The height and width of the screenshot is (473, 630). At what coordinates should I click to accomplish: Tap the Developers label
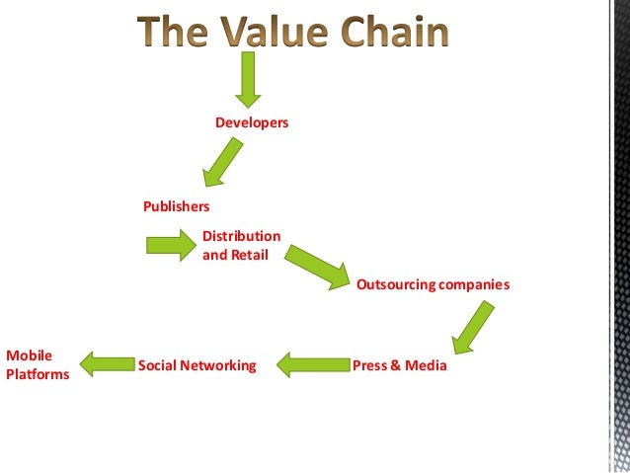tap(252, 122)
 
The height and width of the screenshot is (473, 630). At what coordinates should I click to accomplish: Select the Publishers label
tap(176, 206)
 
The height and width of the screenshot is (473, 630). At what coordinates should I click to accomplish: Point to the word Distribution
tap(241, 236)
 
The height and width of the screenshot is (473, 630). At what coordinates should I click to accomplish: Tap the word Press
tap(369, 365)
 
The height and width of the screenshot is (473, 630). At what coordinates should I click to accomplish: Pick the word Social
tap(158, 365)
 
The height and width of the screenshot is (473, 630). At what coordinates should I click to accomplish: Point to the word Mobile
tap(29, 355)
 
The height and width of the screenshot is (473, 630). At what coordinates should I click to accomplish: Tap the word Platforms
tap(38, 374)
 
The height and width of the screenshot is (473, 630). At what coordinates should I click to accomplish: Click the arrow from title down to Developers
tap(248, 79)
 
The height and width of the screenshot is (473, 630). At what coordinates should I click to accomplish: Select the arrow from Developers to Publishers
tap(222, 162)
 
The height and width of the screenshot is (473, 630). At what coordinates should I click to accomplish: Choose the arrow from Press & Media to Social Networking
tap(311, 365)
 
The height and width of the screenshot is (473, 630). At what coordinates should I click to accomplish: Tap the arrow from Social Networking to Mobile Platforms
tap(107, 364)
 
